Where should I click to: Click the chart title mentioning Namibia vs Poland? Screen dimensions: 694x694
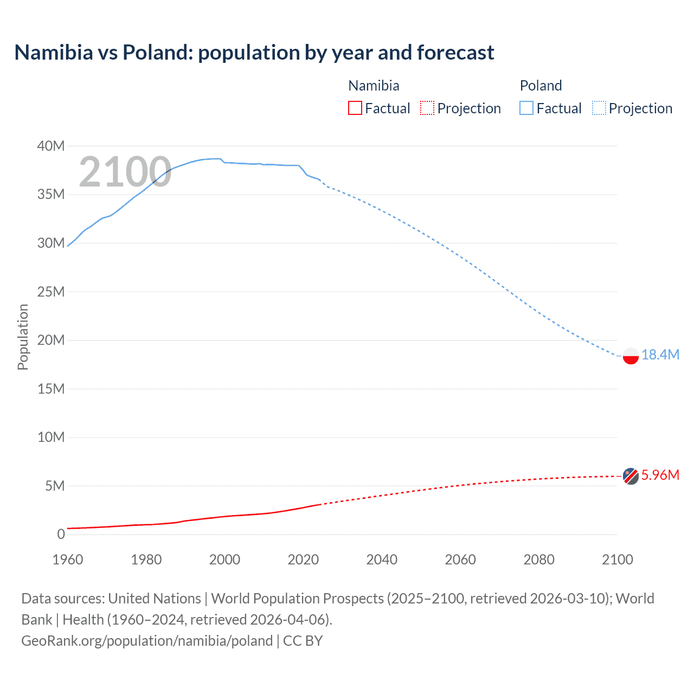(254, 53)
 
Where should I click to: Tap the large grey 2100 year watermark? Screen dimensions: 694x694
(125, 172)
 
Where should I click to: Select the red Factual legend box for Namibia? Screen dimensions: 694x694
(355, 108)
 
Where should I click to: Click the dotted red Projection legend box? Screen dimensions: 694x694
(427, 108)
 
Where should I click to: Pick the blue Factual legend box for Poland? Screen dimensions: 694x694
(526, 108)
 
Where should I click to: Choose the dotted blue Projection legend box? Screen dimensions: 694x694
(599, 108)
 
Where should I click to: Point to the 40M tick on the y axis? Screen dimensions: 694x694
(51, 146)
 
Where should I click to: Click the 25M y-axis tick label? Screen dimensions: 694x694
(51, 292)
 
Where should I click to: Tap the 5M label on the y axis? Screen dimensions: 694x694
(54, 486)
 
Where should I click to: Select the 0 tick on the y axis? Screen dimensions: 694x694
(61, 534)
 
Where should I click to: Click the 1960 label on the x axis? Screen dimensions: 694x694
(68, 560)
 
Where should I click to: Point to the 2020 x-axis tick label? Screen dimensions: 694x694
(303, 560)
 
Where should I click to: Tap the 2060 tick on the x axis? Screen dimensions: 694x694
(460, 560)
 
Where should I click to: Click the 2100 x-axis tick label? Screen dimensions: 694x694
(617, 560)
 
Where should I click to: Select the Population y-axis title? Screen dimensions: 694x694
(23, 337)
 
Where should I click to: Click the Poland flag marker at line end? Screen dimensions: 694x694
(631, 356)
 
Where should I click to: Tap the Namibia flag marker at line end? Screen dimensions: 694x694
(631, 476)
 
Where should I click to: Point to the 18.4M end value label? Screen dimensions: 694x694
(660, 355)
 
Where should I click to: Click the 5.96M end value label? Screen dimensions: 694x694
(660, 475)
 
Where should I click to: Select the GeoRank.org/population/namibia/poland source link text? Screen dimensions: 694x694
(147, 641)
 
